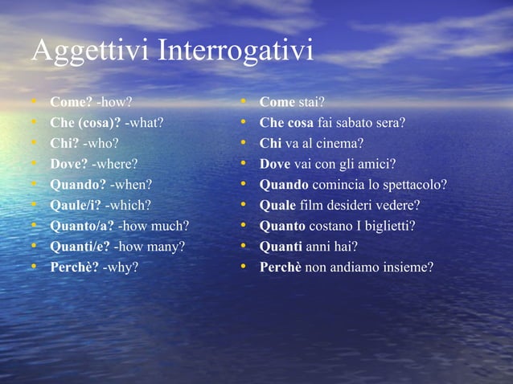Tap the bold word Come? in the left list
pyautogui.click(x=71, y=103)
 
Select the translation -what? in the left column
pyautogui.click(x=144, y=123)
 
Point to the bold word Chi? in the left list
pyautogui.click(x=64, y=144)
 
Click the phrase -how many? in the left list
pyautogui.click(x=150, y=246)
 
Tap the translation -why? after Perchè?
pyautogui.click(x=120, y=266)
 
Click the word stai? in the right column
pyautogui.click(x=311, y=103)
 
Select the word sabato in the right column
pyautogui.click(x=359, y=123)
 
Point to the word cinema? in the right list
pyautogui.click(x=341, y=144)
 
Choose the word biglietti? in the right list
pyautogui.click(x=388, y=226)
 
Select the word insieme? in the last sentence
pyautogui.click(x=406, y=266)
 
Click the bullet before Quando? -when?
pyautogui.click(x=35, y=185)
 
